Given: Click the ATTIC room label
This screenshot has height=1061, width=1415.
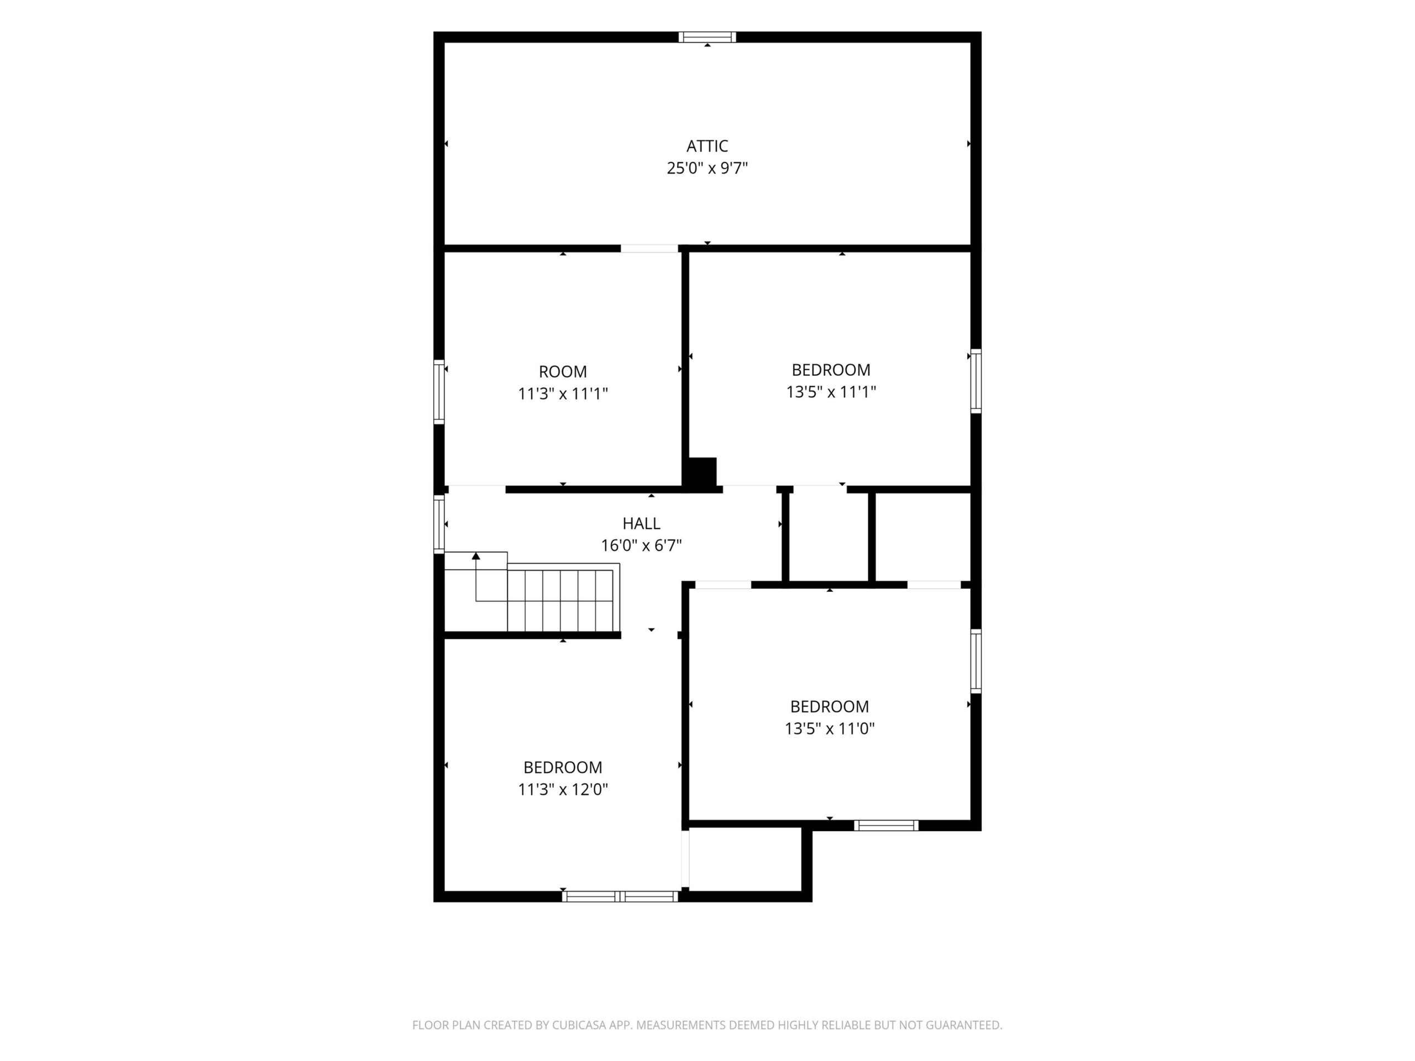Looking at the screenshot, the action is [x=707, y=146].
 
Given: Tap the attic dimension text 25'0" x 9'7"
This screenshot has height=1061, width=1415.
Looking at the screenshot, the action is [x=707, y=168].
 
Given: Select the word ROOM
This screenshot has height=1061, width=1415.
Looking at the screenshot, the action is [x=562, y=371].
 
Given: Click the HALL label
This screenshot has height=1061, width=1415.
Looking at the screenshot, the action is [x=641, y=524].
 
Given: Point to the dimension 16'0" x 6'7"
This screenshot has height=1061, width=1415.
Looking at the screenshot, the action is [x=641, y=545].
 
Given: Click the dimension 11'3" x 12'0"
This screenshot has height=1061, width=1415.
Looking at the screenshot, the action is [x=562, y=789].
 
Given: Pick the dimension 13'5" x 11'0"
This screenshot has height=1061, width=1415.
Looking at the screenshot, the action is [x=829, y=728].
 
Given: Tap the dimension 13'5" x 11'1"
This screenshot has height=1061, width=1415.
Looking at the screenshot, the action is [x=830, y=391].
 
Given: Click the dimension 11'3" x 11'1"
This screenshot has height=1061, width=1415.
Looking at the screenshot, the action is [x=562, y=393].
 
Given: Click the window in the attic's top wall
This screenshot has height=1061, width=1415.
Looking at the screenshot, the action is [x=707, y=37].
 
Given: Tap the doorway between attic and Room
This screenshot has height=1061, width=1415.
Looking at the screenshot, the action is [x=649, y=248].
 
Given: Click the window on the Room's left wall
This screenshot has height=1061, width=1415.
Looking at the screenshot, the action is [x=439, y=391].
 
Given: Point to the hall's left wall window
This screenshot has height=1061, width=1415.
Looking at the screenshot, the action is [x=439, y=524].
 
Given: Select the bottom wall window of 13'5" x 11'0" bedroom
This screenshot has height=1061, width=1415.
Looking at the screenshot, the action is [x=886, y=826].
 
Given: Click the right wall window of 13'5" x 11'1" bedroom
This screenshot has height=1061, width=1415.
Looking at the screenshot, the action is [x=976, y=381].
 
